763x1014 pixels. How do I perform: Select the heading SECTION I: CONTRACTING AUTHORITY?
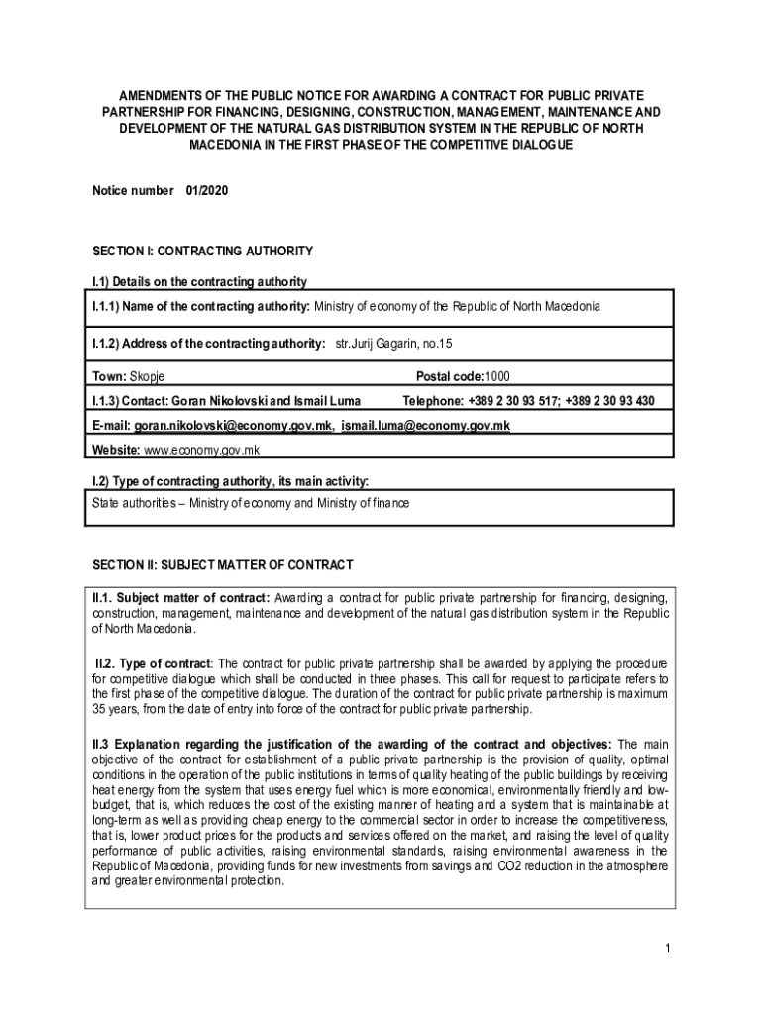click(202, 251)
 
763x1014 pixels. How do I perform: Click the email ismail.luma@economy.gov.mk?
click(425, 425)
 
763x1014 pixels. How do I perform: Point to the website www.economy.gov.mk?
click(201, 450)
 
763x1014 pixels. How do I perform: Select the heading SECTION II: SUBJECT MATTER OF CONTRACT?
click(222, 565)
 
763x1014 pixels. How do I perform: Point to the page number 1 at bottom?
click(669, 949)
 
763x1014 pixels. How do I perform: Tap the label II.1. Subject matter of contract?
click(180, 598)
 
